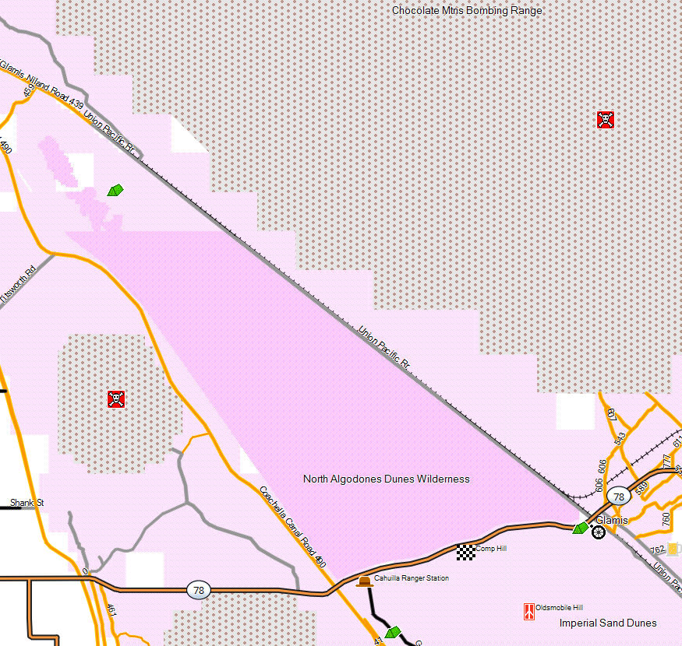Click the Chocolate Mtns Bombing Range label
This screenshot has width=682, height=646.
click(467, 10)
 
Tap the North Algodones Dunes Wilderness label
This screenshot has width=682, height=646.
click(386, 479)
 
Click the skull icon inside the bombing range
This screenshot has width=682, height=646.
click(606, 120)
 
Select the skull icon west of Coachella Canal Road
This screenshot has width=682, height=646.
click(116, 399)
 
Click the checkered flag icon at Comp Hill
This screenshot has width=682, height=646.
click(465, 552)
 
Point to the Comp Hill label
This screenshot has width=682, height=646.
click(490, 549)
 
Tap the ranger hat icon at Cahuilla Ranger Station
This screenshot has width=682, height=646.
click(364, 581)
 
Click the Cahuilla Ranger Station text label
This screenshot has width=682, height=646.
click(411, 578)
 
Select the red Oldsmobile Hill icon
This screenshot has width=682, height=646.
click(528, 611)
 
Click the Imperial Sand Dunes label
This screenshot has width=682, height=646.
click(608, 623)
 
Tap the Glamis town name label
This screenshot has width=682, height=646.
click(612, 520)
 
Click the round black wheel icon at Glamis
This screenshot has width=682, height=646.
click(598, 532)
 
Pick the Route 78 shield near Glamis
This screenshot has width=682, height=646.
click(619, 497)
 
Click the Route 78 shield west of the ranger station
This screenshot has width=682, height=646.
click(198, 591)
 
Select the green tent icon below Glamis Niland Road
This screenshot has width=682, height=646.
click(115, 190)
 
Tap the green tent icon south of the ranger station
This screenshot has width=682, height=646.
click(392, 632)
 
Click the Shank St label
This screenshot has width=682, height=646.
click(27, 503)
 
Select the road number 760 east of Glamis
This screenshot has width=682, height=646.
click(666, 518)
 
